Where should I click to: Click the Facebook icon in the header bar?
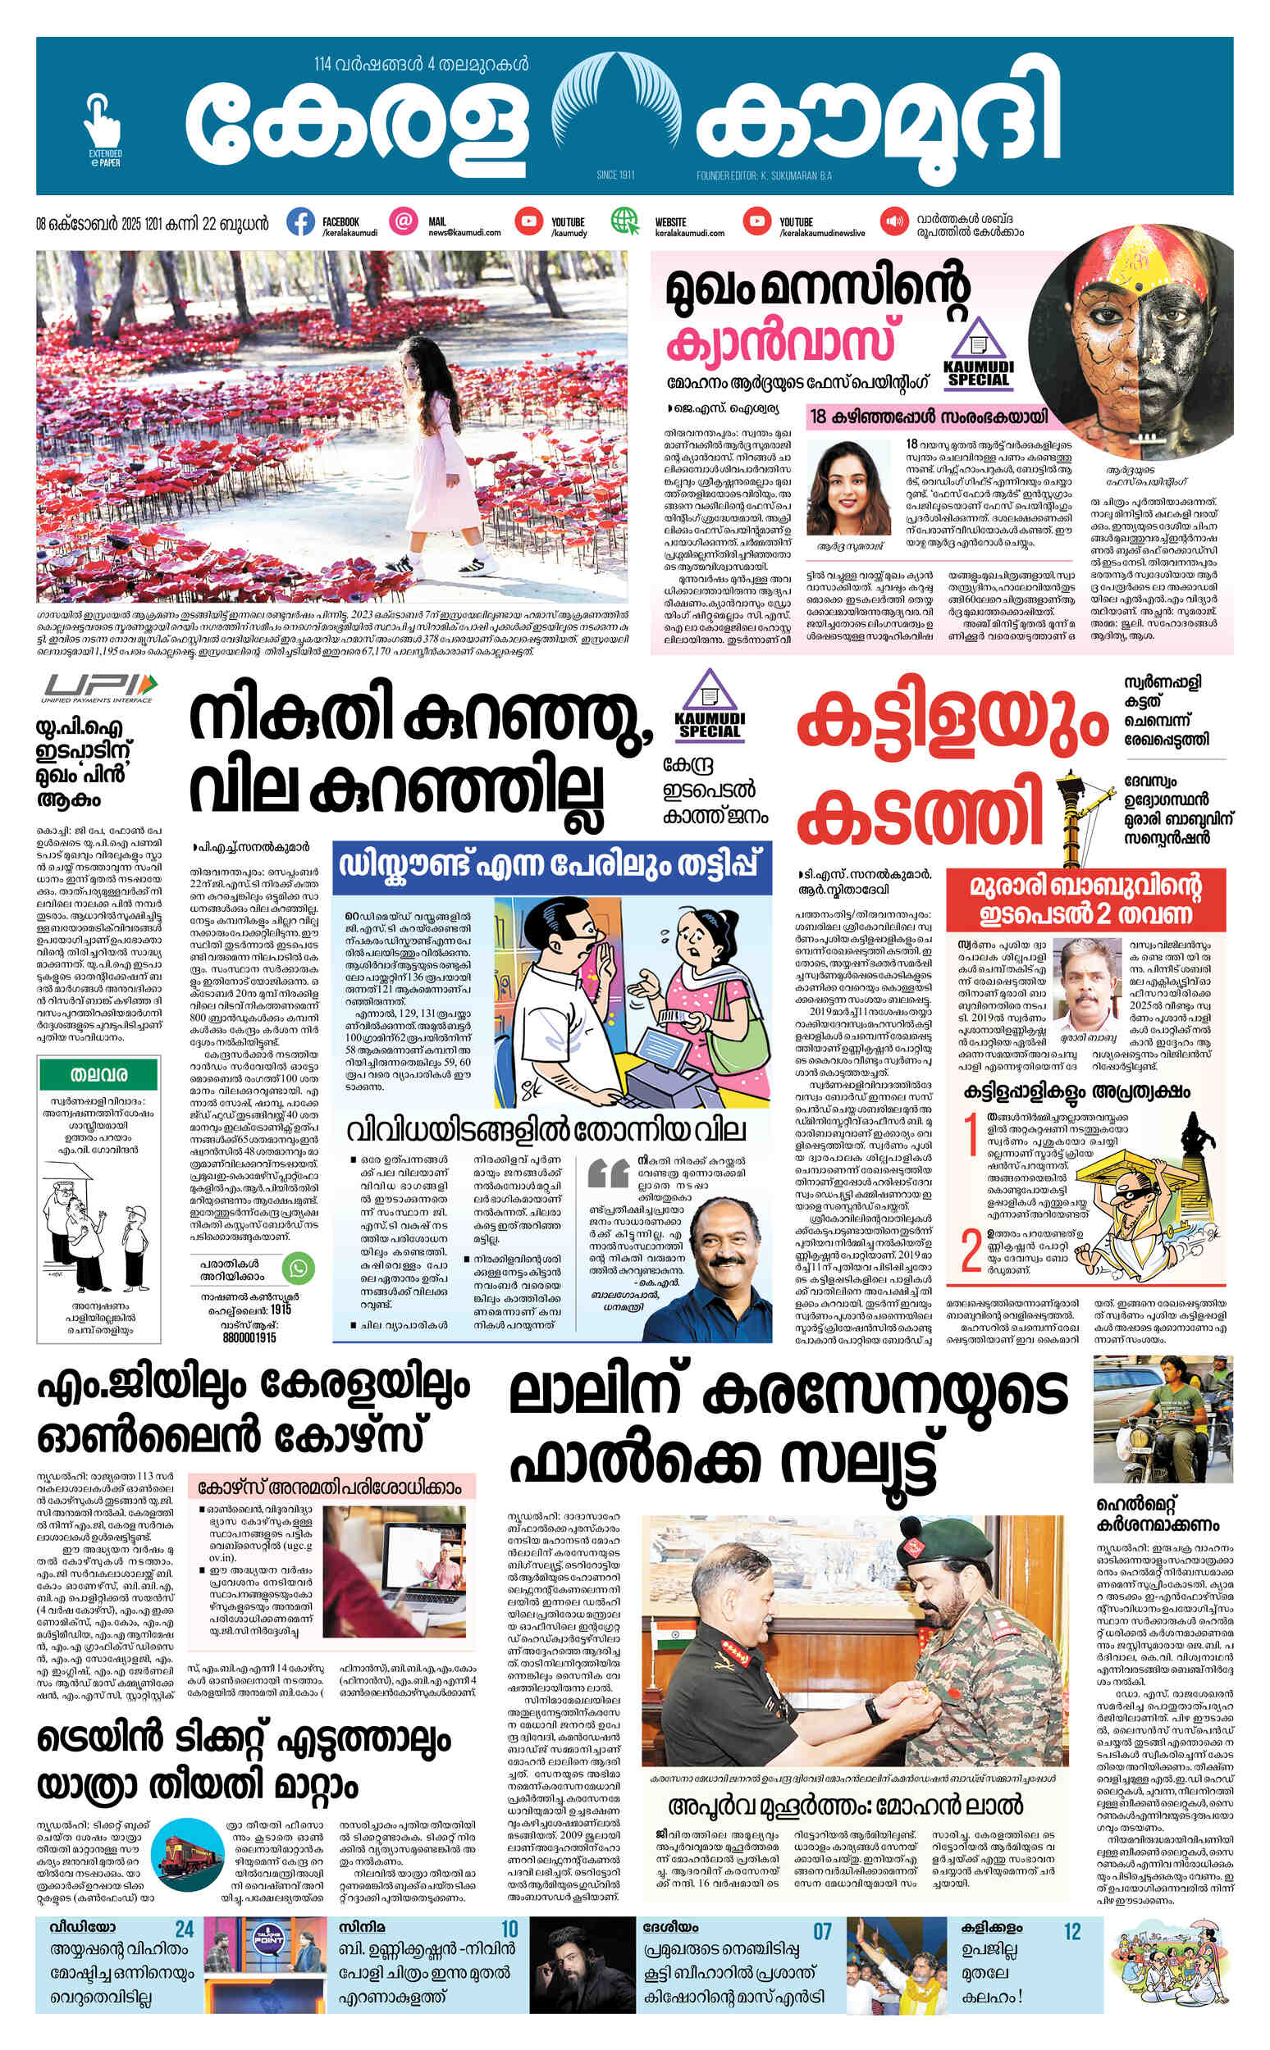click(300, 222)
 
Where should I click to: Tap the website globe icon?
click(625, 222)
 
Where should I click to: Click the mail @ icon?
click(404, 221)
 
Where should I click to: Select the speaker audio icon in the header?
click(891, 222)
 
